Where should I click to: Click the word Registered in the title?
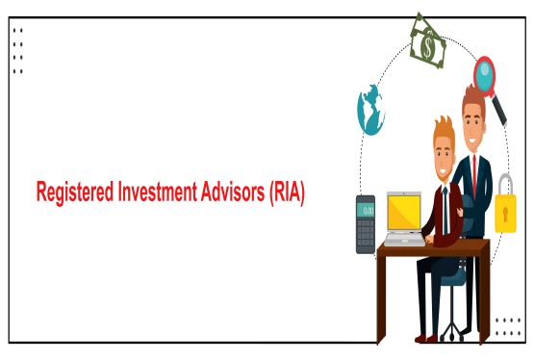point(70,193)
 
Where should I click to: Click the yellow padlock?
point(507,212)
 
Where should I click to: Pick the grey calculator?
point(366,223)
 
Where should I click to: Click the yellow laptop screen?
point(404,210)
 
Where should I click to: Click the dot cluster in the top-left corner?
point(17,50)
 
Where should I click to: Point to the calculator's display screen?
point(366,209)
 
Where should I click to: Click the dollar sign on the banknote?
point(426,42)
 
